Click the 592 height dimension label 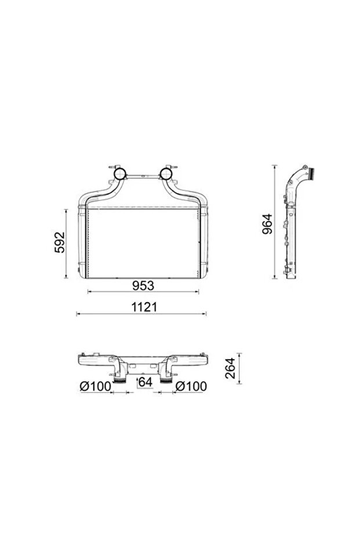60,242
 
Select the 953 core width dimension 143,285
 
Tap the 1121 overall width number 144,307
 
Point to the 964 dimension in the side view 267,224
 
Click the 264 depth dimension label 230,368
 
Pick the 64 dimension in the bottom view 146,382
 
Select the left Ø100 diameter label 96,386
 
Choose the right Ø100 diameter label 191,386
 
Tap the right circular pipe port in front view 166,174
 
